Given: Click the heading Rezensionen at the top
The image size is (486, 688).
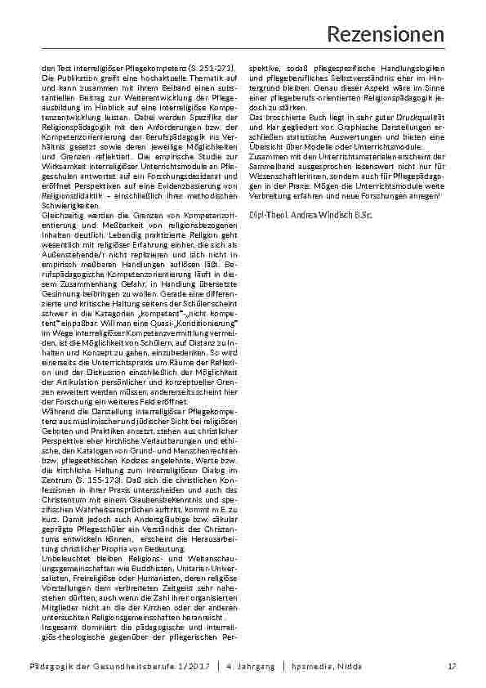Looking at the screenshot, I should point(386,34).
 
